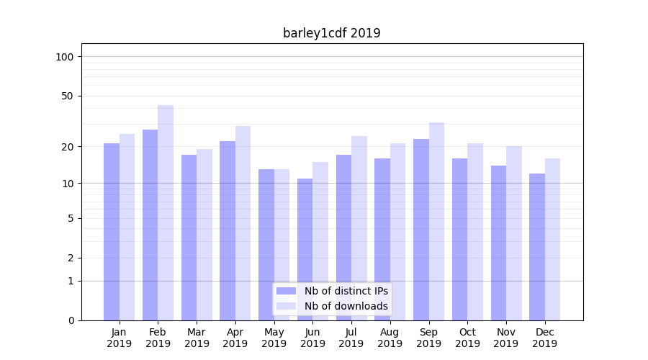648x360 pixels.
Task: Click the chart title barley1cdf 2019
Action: pos(331,33)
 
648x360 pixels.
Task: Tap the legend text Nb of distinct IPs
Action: pos(346,291)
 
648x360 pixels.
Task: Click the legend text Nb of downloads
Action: pos(346,306)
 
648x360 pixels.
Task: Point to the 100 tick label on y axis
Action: pos(65,57)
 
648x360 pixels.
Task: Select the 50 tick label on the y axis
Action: pos(68,96)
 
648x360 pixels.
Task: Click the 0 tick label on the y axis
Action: pos(71,320)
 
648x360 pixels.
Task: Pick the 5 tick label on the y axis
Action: pos(71,218)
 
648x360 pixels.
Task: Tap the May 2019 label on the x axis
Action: pos(274,338)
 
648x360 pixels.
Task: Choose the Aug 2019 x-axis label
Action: pos(390,338)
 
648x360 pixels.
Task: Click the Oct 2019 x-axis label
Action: pos(467,338)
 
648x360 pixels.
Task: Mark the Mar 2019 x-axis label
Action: pos(197,338)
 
